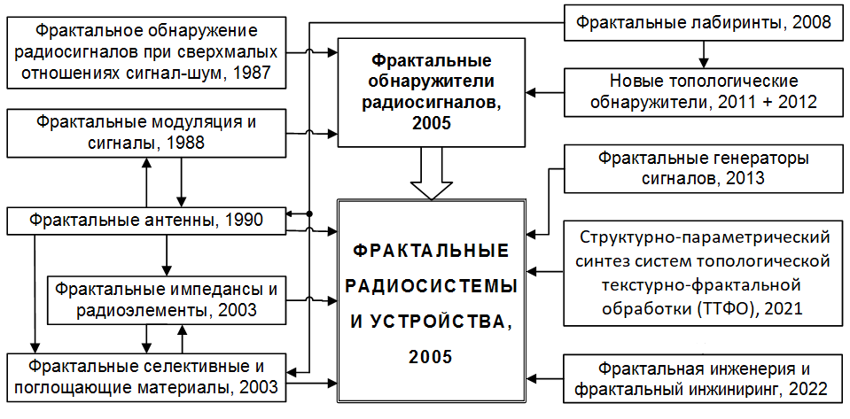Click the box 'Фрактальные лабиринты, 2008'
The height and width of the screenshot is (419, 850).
pos(703,22)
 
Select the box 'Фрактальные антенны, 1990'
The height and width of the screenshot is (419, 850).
pos(146,221)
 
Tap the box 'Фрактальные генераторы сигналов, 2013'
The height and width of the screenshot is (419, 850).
pos(703,168)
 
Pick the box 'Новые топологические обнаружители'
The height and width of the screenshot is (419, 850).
pos(703,92)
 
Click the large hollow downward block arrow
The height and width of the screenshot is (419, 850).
pos(432,173)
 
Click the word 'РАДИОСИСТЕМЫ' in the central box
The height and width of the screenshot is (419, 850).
pos(432,286)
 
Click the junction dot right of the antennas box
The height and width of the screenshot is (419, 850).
pos(309,213)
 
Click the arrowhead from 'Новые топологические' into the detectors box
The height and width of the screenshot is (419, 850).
pos(533,92)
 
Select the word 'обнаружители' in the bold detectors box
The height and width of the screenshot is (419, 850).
pos(432,82)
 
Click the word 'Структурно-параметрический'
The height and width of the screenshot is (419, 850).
pos(703,237)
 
